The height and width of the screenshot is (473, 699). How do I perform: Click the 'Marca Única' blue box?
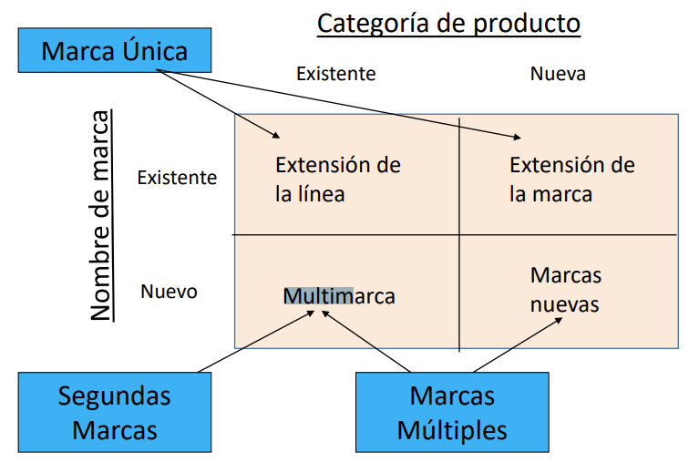[x=114, y=50]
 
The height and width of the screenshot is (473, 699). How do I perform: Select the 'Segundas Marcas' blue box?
[x=114, y=412]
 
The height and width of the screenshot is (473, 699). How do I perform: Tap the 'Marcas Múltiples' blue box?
[x=452, y=412]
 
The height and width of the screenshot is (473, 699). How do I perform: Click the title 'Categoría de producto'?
[x=448, y=23]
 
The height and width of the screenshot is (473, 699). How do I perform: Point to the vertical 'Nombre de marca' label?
[x=101, y=216]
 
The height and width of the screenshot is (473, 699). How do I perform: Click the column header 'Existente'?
[x=335, y=74]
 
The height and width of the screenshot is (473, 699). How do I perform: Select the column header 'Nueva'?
[x=558, y=74]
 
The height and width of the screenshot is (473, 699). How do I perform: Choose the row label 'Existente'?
[x=177, y=177]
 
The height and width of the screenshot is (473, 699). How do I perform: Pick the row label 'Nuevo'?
[x=169, y=292]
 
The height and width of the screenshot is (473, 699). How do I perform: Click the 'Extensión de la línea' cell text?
[x=337, y=180]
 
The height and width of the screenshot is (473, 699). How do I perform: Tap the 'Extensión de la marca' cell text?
[x=571, y=180]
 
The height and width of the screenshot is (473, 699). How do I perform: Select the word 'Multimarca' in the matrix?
[x=339, y=296]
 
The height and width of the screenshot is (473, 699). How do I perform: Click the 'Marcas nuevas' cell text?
[x=565, y=289]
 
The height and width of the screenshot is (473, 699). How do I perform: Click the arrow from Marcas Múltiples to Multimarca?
[x=366, y=342]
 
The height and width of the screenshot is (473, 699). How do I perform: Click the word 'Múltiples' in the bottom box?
[x=452, y=429]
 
